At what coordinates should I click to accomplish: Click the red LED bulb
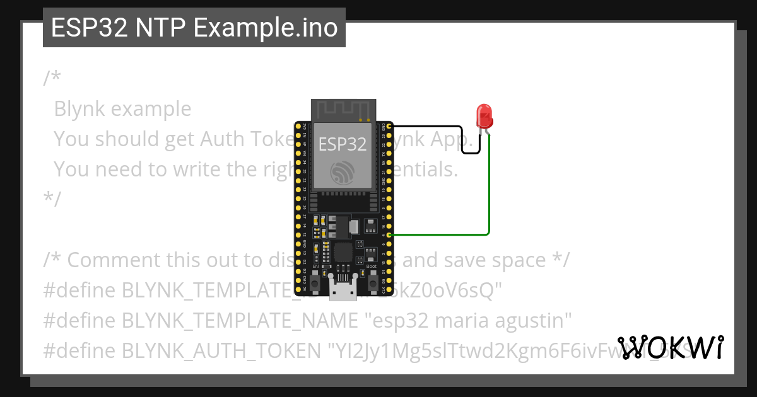pos(484,116)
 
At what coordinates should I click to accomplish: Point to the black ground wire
pos(435,127)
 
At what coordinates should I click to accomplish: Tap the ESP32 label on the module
pos(343,144)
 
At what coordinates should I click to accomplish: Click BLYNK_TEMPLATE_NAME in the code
pos(240,321)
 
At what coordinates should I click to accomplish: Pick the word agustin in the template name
pos(533,321)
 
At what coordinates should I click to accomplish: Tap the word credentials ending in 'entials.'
pos(423,169)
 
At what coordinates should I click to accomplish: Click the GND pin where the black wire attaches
pos(390,127)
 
